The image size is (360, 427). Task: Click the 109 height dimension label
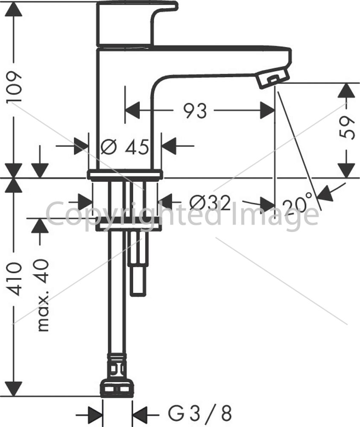14,87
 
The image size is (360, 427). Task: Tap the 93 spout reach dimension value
195,111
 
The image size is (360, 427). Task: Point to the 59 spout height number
347,128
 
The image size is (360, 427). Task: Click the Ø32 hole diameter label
210,203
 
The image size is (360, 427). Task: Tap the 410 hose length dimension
14,279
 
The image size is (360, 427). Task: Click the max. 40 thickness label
43,295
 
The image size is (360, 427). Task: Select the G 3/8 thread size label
200,413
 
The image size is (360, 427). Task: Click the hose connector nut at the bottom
117,387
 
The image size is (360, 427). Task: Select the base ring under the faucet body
125,175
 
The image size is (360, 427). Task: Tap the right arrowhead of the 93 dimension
267,110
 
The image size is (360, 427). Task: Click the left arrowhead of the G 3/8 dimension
95,415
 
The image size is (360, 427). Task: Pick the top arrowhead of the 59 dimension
346,90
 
